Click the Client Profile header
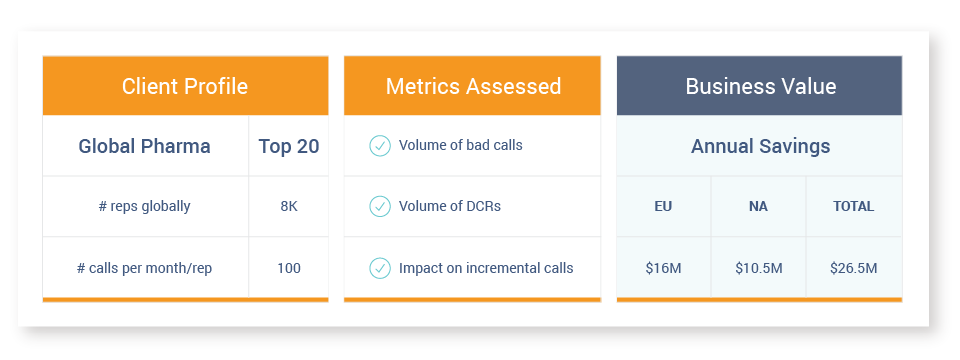(185, 86)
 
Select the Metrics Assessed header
(473, 86)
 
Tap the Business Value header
(760, 86)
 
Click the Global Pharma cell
(144, 146)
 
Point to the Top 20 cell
(289, 146)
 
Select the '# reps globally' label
(144, 206)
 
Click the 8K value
(289, 206)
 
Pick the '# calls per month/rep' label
(144, 268)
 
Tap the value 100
(289, 268)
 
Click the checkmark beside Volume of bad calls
(380, 146)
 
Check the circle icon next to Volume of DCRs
(380, 206)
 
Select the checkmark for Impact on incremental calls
(380, 268)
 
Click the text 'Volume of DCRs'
(450, 206)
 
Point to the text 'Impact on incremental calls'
(486, 268)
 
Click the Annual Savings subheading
(760, 146)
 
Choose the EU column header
(663, 206)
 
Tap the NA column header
(758, 206)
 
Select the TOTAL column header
(853, 206)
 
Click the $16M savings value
(663, 268)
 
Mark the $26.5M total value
(853, 268)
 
